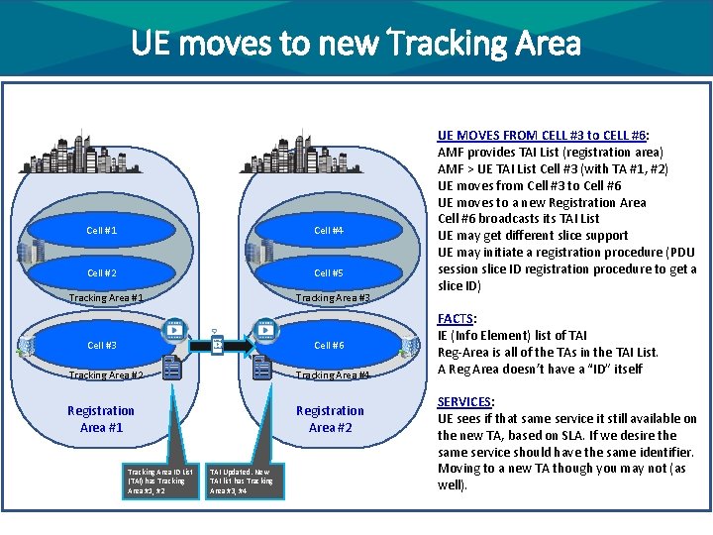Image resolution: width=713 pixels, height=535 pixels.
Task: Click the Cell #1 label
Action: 102,231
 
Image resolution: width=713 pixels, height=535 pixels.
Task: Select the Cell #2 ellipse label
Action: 102,272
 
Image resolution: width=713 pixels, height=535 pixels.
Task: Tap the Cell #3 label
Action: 102,345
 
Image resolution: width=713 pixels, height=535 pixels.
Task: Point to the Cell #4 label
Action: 329,231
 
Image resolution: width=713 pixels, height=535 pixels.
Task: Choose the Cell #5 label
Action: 329,272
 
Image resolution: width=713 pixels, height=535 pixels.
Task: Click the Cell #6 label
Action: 329,345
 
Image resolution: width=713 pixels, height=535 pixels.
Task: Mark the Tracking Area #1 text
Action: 106,297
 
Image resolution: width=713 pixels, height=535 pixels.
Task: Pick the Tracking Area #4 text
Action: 333,374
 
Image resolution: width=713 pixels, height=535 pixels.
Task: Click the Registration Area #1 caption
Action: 101,418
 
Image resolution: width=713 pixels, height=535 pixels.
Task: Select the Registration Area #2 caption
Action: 330,418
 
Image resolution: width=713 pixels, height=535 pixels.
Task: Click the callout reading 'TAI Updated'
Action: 242,481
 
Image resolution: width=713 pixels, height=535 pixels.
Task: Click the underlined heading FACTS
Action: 456,319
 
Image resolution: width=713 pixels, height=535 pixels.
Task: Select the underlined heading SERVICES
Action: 464,402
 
